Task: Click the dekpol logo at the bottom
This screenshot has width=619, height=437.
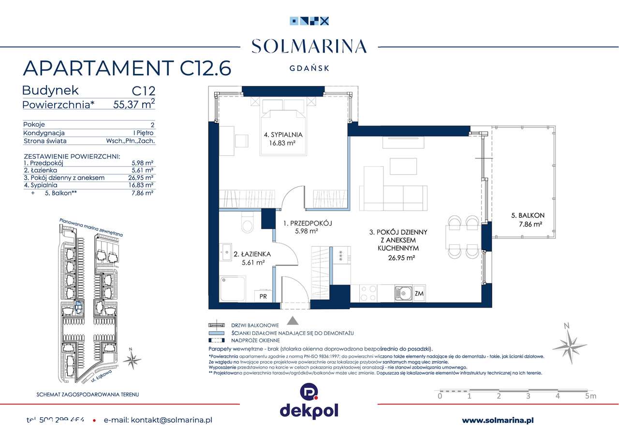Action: tap(309, 401)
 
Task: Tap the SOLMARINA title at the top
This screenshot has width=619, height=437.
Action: tap(309, 46)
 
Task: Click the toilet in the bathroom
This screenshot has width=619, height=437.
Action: tap(247, 225)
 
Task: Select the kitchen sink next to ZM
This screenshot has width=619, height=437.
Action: tap(402, 292)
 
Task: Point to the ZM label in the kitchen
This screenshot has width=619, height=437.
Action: tap(419, 293)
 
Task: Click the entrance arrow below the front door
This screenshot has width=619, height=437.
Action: tap(293, 320)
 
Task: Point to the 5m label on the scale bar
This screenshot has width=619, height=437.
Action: tap(590, 396)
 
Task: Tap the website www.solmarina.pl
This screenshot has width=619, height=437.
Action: tap(498, 421)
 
